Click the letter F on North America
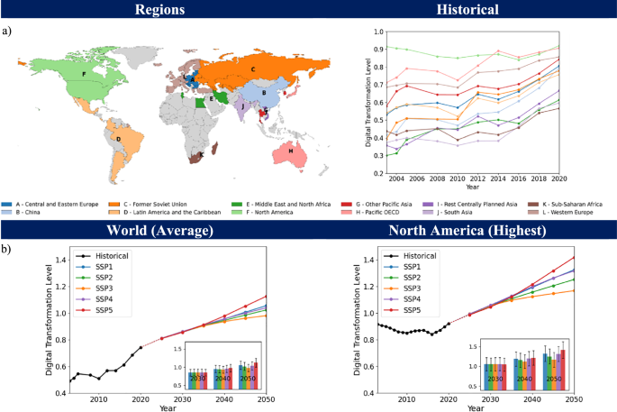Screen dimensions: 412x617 [84, 73]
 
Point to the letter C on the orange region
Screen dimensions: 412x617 [253, 69]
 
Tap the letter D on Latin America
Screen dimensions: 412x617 [118, 139]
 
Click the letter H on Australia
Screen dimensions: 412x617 [290, 151]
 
